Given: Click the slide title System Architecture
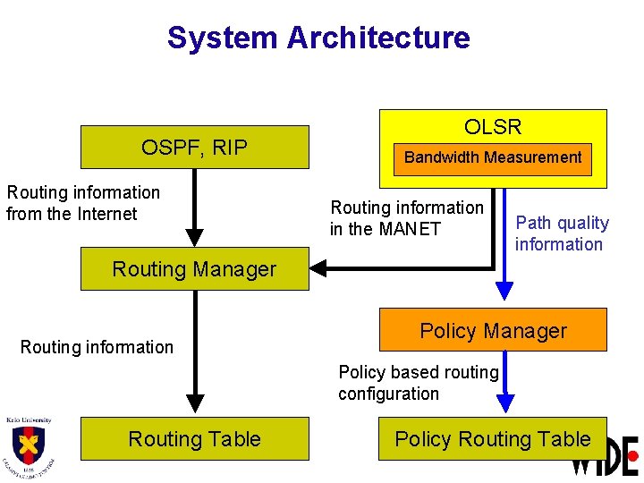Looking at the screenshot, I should (x=318, y=38).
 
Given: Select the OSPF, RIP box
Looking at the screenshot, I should (x=194, y=148).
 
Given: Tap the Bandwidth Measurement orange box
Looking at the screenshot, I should (x=493, y=157).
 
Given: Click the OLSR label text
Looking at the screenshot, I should (x=493, y=127).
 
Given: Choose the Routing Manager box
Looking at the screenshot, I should (x=194, y=269).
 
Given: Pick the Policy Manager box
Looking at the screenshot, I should (x=493, y=331).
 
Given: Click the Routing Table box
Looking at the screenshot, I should (x=194, y=439).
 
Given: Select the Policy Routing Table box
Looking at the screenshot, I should (x=493, y=439).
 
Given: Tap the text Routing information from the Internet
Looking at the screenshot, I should (x=82, y=203).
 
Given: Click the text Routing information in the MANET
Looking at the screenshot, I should (x=406, y=218).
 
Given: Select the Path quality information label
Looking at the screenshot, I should (x=561, y=233).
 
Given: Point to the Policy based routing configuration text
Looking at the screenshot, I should (x=418, y=383).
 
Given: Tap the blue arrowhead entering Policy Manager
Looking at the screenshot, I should (x=505, y=290).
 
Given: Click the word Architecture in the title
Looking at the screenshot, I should (x=378, y=38).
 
